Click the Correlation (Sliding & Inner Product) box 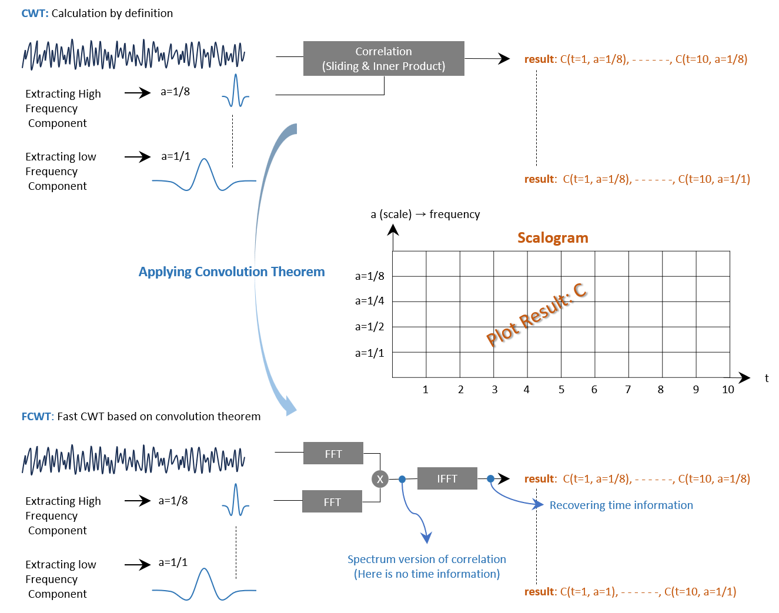tap(383, 59)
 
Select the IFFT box tap(447, 478)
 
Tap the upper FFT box tap(333, 454)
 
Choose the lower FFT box tap(332, 502)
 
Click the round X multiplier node tap(380, 479)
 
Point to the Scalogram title tap(552, 238)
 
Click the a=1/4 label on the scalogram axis tap(369, 301)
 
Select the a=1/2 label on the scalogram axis tap(369, 327)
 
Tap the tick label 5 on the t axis tap(561, 390)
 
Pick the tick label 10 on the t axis tap(727, 390)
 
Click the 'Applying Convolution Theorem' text tap(232, 272)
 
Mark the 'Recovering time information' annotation tap(621, 505)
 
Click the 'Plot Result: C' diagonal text tap(536, 315)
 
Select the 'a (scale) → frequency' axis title tap(425, 215)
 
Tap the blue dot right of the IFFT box tap(490, 479)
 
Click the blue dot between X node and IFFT tap(402, 479)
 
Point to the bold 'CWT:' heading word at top tap(35, 14)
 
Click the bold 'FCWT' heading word tap(36, 417)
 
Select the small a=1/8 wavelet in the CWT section tap(236, 92)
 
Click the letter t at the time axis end tap(766, 378)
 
